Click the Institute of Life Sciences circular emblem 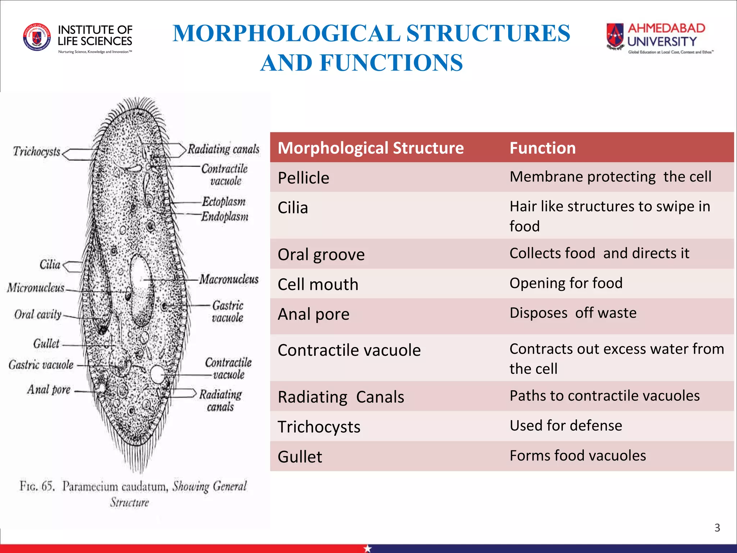(37, 37)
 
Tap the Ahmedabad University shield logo (615, 36)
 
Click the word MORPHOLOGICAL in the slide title (286, 33)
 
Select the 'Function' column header (543, 148)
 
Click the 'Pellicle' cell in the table (303, 178)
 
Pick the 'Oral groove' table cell (321, 255)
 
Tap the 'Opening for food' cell (566, 283)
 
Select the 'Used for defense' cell (566, 426)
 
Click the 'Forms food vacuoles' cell (578, 455)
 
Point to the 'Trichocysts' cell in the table (319, 427)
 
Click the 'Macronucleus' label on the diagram (229, 279)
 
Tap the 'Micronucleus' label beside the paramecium (36, 288)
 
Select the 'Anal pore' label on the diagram (49, 390)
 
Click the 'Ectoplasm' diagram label (224, 202)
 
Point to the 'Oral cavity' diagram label (38, 314)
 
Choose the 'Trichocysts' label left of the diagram (36, 152)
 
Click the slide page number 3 (717, 528)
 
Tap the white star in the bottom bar (367, 548)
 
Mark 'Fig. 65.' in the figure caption (37, 486)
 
